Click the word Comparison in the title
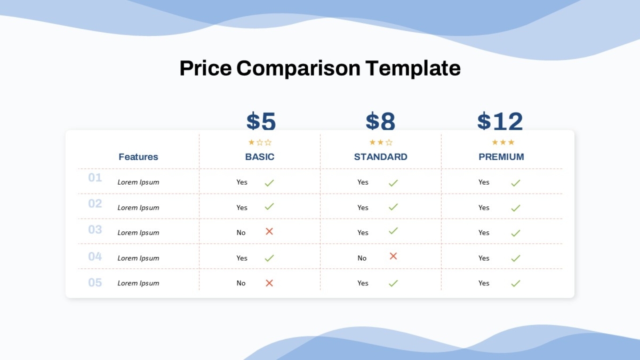coord(298,69)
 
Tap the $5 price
coord(261,121)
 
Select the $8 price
coord(381,121)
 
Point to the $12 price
coord(500,121)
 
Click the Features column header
coord(138,157)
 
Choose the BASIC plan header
coord(260,157)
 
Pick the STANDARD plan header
coord(381,157)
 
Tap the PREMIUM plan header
coord(501,157)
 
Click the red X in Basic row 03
coord(269,231)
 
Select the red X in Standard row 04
coord(393,256)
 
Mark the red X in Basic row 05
coord(269,283)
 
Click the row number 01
coord(95,178)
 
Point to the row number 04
coord(95,257)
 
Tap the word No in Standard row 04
coord(362,258)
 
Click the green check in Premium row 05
coord(515,283)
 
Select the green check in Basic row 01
coord(269,183)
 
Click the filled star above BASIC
coord(251,142)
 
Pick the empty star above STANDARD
coord(389,142)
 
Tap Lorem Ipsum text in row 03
coord(138,233)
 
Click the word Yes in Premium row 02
coord(484,207)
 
